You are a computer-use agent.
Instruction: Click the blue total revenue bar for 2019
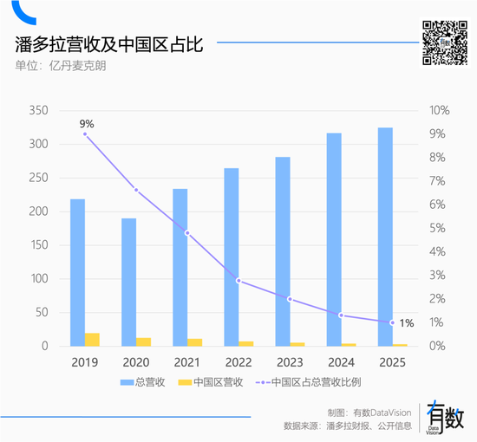[x=78, y=272]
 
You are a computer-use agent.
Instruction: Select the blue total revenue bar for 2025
[x=385, y=237]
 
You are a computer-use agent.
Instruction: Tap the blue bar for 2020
[x=128, y=282]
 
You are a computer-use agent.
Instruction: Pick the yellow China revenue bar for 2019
[x=92, y=339]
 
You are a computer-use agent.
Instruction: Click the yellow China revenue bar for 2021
[x=194, y=342]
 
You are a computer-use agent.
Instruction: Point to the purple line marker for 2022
[x=238, y=280]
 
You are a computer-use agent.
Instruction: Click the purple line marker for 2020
[x=136, y=190]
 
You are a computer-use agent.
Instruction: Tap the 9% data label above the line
[x=85, y=122]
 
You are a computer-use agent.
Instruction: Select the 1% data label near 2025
[x=406, y=322]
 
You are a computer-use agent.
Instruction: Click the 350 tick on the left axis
[x=38, y=111]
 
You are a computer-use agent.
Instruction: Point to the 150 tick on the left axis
[x=38, y=245]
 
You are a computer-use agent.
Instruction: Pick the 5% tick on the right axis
[x=438, y=228]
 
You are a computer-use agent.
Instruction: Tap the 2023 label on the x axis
[x=290, y=361]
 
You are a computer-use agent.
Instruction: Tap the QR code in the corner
[x=443, y=42]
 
